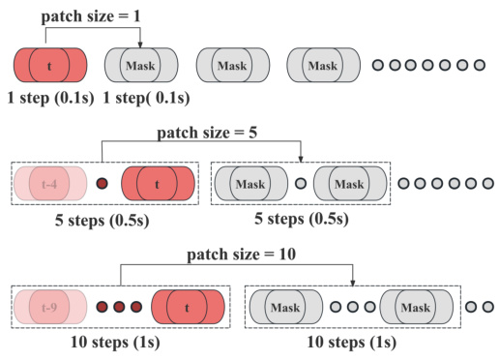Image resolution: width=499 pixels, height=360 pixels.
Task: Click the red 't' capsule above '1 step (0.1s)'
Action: tap(50, 66)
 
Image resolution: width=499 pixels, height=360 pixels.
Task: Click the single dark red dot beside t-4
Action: tap(103, 182)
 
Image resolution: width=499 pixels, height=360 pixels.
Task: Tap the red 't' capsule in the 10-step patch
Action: tap(189, 308)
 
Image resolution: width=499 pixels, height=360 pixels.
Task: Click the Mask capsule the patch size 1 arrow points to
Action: tap(141, 66)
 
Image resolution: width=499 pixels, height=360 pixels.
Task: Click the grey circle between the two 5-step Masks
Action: tap(300, 182)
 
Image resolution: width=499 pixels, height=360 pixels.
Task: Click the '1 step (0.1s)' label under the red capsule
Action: tap(43, 100)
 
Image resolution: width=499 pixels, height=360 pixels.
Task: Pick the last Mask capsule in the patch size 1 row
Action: tap(323, 66)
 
